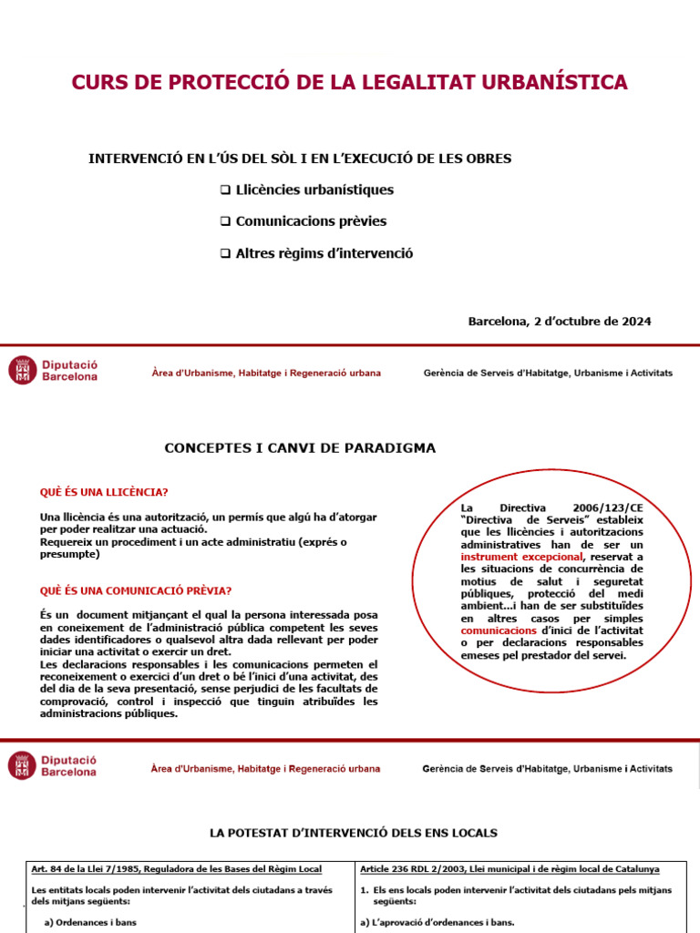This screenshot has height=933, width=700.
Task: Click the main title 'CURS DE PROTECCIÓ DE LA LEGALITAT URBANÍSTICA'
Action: [x=349, y=82]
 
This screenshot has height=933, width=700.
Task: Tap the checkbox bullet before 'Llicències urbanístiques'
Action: [x=225, y=190]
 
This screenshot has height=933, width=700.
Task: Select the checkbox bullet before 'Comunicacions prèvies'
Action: [x=225, y=221]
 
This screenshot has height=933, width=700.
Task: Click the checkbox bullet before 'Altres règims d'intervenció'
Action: [x=225, y=253]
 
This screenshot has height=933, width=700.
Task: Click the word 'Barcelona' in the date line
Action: [x=498, y=322]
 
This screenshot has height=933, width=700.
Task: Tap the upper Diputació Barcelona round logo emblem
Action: [x=23, y=370]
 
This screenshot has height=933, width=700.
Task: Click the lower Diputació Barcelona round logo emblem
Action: [x=23, y=765]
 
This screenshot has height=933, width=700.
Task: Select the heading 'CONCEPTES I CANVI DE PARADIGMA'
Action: [x=300, y=448]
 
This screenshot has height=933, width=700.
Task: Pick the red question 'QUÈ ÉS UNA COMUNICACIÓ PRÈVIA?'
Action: [x=135, y=590]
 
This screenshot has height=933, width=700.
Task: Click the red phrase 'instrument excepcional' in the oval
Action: [x=521, y=556]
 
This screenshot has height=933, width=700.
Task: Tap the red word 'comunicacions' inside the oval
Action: [x=499, y=631]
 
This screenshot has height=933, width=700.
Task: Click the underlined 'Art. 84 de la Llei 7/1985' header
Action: [x=91, y=869]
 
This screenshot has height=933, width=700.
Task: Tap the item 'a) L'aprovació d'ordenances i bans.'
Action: [x=437, y=922]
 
